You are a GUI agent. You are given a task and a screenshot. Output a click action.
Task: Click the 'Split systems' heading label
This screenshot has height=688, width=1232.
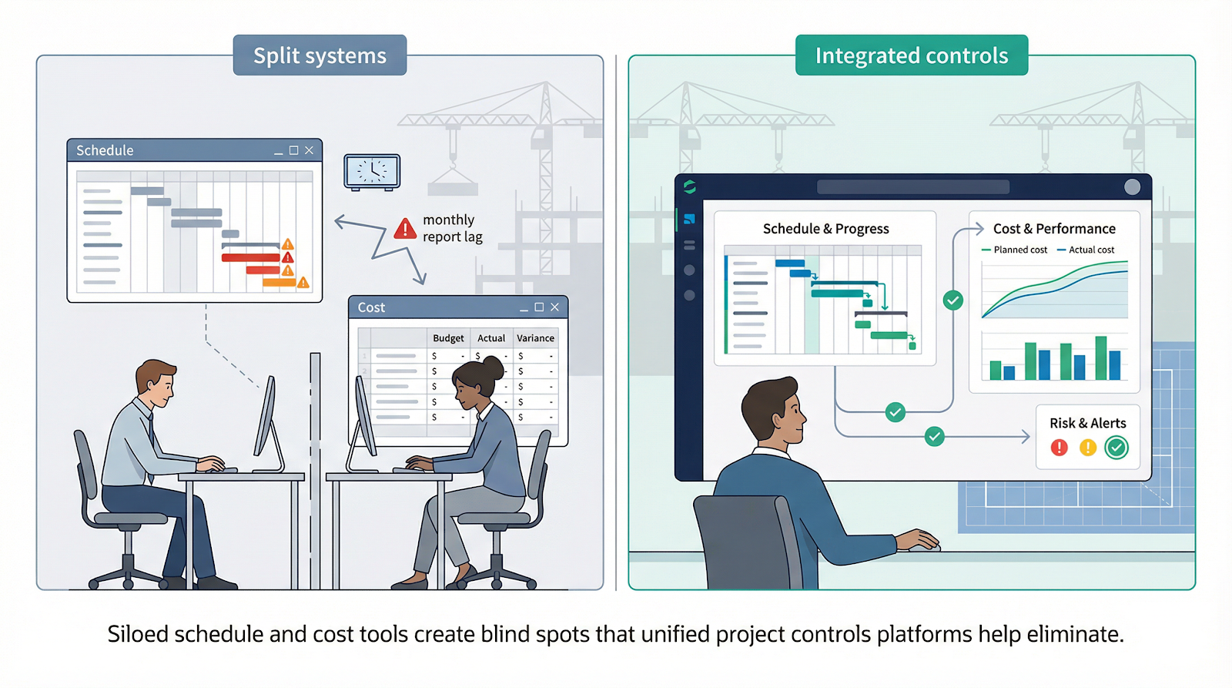pos(320,55)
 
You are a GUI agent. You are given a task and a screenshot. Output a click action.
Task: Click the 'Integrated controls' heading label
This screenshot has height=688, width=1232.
pos(911,55)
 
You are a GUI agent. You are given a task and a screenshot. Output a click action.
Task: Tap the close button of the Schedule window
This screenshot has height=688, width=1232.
pos(309,150)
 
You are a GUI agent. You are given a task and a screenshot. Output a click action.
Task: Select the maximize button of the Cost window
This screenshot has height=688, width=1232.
pos(539,307)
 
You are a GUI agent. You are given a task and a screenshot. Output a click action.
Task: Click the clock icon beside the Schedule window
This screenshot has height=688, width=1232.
pos(372,171)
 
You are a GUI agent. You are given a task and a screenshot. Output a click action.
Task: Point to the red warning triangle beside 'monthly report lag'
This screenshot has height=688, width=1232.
pos(405,229)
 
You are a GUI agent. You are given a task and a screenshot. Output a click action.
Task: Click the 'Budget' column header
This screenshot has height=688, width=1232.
pos(448,338)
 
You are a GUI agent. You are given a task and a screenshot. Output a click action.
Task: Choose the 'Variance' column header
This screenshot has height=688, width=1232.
pos(535,338)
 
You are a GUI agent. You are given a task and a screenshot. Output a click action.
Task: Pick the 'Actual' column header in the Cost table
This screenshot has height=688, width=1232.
pos(491,338)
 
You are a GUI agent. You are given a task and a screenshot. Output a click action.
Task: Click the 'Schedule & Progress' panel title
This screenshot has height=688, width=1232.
pos(825,229)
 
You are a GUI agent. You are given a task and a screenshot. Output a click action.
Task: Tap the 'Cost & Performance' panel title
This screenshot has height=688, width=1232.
pos(1053,229)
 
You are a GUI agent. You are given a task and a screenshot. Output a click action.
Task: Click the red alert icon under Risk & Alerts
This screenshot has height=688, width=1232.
pos(1060,448)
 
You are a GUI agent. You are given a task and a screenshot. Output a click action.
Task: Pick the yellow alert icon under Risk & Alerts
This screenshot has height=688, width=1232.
pos(1087,448)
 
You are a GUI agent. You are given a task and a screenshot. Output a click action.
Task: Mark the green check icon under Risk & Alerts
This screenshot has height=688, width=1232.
pos(1116,448)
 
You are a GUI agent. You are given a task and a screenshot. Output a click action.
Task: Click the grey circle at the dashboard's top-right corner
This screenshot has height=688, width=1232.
pos(1132,186)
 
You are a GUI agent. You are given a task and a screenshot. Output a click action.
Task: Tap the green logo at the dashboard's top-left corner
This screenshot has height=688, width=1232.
pos(689,186)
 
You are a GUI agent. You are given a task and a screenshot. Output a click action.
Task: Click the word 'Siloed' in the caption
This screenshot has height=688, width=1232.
pos(138,634)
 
